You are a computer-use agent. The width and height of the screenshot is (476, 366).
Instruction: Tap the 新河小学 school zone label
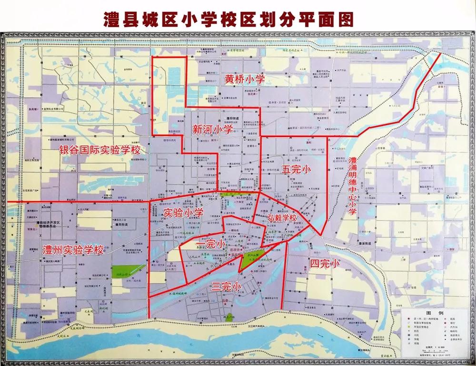[x=212, y=129]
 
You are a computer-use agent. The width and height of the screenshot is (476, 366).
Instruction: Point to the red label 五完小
[x=296, y=169]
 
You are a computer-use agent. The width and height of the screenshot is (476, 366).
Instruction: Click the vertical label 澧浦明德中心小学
[x=353, y=186]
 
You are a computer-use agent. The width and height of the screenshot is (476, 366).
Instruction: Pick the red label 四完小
[x=324, y=263]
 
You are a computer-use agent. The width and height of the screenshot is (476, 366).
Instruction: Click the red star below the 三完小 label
[x=225, y=300]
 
